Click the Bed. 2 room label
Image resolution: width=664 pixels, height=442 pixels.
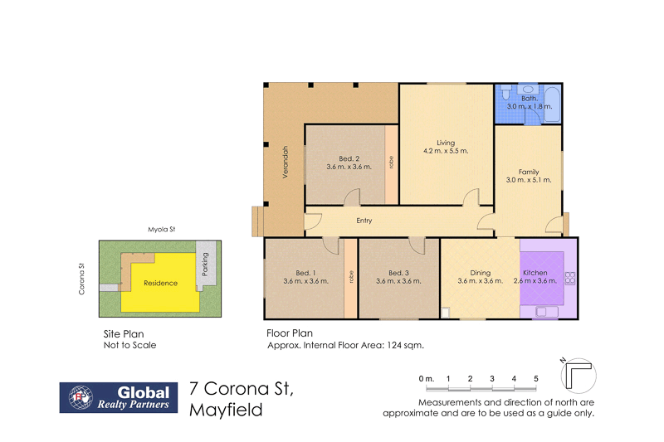[x=349, y=158]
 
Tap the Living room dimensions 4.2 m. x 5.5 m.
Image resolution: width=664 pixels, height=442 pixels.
[x=447, y=151]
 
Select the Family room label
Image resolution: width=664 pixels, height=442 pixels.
[x=529, y=171]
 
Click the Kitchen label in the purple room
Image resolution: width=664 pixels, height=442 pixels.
[x=535, y=273]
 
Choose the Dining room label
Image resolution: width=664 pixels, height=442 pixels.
[x=480, y=273]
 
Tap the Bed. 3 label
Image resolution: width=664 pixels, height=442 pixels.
[x=398, y=273]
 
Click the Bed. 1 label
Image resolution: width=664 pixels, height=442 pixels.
[x=305, y=273]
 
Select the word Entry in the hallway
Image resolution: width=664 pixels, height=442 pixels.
[x=364, y=221]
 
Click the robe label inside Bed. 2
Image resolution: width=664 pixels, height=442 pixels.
[x=391, y=163]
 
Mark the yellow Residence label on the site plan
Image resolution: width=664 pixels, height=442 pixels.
[x=160, y=283]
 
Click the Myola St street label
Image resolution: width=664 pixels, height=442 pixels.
[x=156, y=228]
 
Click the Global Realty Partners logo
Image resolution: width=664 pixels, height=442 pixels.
[x=116, y=397]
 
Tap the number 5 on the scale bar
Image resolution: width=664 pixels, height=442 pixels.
[x=535, y=379]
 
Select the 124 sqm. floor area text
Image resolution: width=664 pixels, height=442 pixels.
[x=408, y=345]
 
